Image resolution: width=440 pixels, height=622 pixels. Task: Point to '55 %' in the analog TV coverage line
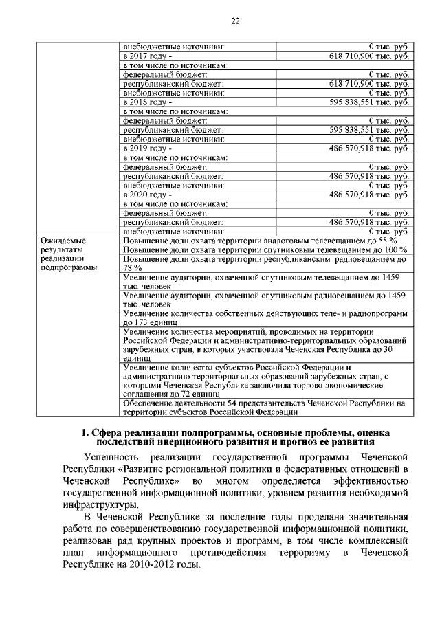pos(388,241)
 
